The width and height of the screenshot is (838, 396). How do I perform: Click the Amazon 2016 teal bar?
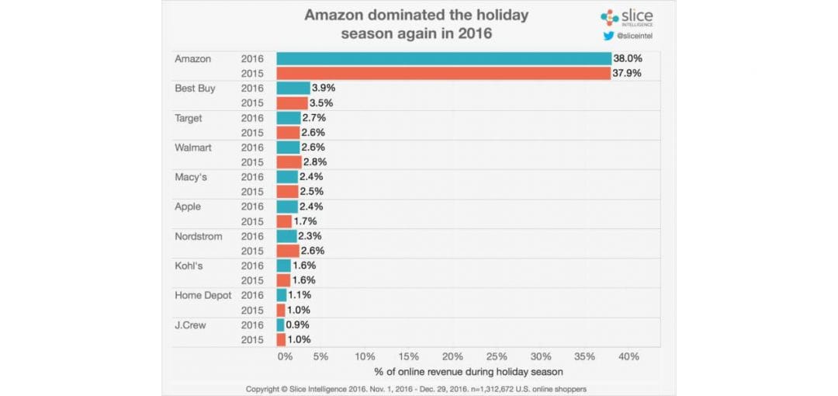coord(444,59)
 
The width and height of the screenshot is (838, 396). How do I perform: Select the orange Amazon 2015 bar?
coord(443,74)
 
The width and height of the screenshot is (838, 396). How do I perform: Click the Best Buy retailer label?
coord(195,89)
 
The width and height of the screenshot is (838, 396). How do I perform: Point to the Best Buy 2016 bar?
coord(293,89)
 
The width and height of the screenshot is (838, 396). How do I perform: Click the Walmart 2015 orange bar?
coord(289,162)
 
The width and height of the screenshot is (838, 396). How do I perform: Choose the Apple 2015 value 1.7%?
coord(305,221)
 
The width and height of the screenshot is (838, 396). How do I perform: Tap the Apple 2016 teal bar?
coord(287,207)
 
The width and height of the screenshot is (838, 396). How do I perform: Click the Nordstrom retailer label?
coord(198,236)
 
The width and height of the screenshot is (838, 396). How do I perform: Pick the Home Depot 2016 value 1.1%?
coord(300,295)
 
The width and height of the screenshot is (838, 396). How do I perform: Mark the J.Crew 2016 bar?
coord(281,325)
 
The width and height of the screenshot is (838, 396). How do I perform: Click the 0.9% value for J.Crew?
coord(299,325)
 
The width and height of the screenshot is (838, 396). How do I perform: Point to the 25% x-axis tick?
coord(497,356)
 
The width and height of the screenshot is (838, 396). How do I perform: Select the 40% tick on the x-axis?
coord(628,356)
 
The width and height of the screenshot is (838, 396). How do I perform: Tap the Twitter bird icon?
coord(609,35)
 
